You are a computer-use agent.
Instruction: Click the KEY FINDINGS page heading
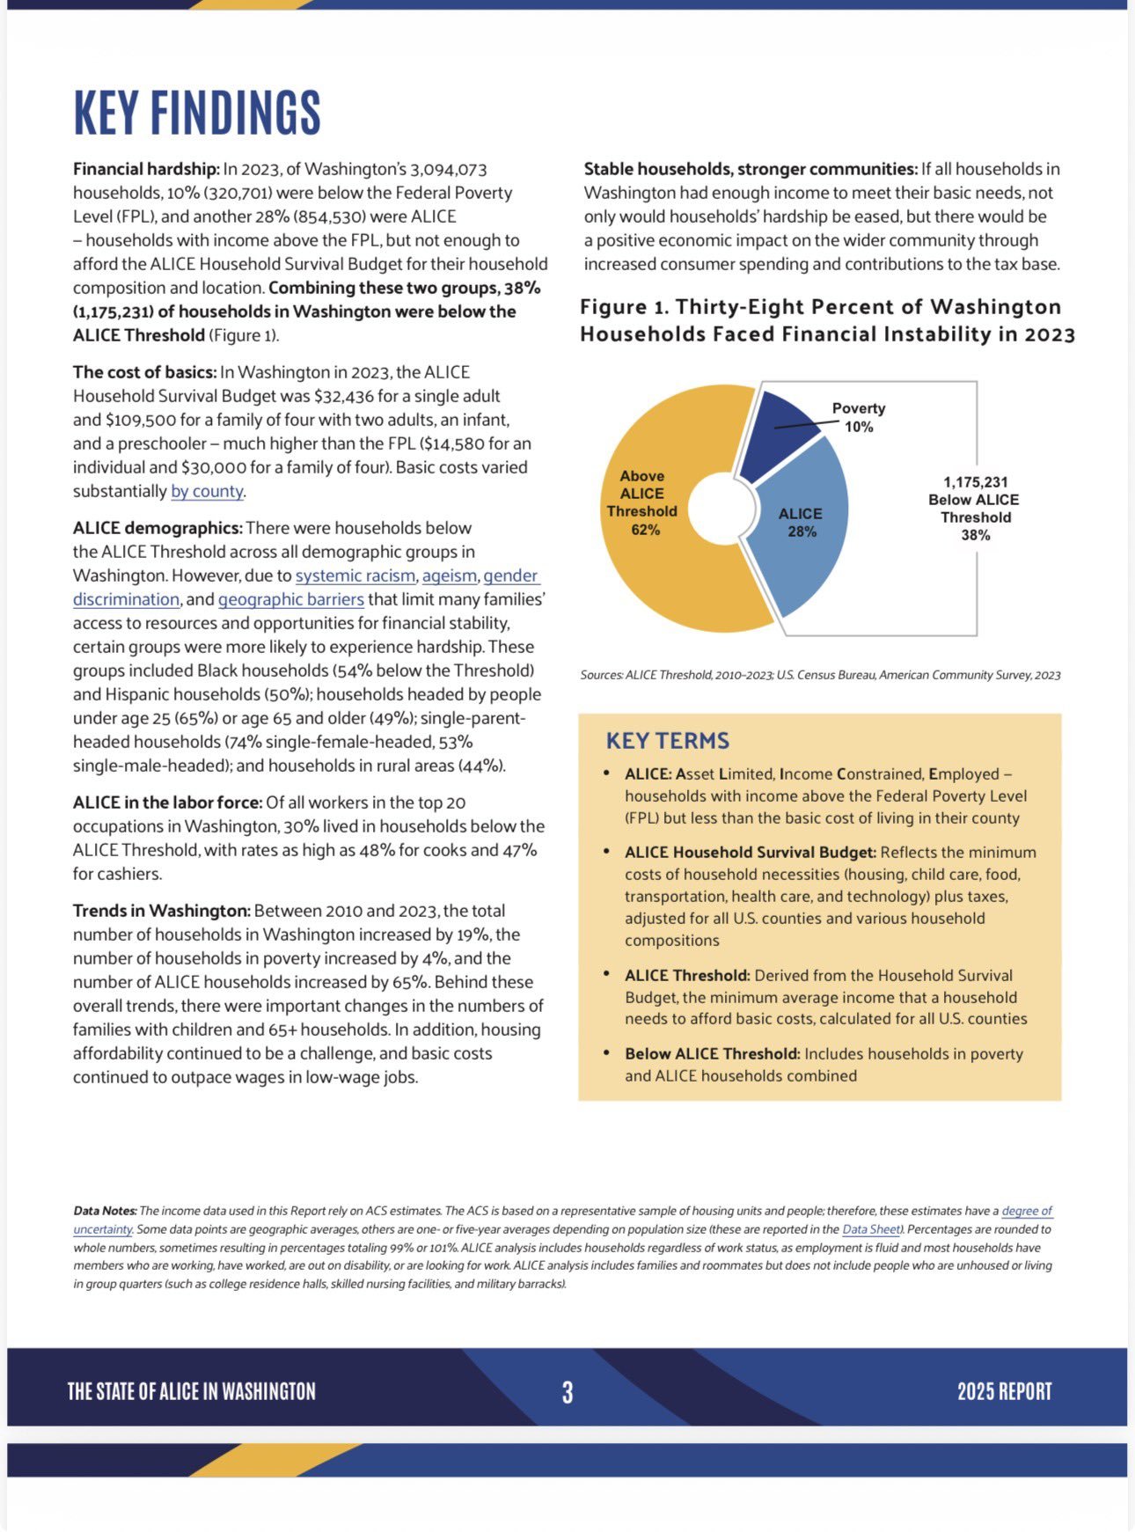[x=197, y=113]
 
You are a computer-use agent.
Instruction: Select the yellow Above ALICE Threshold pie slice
[x=651, y=563]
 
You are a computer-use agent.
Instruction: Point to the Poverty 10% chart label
[x=858, y=418]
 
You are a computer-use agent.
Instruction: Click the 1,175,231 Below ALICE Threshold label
[x=974, y=508]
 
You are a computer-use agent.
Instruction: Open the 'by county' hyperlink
[x=207, y=491]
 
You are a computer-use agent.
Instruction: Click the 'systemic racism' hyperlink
[x=355, y=575]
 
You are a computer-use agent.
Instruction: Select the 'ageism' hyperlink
[x=449, y=575]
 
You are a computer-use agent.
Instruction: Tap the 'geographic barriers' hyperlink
[x=290, y=599]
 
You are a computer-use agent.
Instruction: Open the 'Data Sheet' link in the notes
[x=872, y=1229]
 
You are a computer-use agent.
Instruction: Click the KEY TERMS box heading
[x=668, y=740]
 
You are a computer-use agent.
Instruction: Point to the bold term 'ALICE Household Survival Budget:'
[x=750, y=852]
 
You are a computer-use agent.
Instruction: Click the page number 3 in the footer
[x=567, y=1392]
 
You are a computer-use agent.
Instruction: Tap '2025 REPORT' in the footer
[x=1004, y=1392]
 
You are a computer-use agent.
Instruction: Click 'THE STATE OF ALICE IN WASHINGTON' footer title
[x=191, y=1392]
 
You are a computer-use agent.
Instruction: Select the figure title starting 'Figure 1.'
[x=826, y=320]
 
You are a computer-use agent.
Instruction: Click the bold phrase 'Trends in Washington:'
[x=161, y=911]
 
